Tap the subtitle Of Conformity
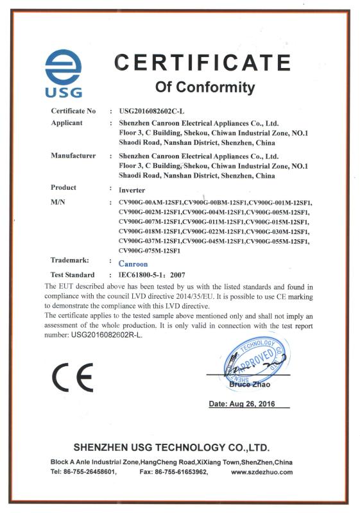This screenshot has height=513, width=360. point(205,87)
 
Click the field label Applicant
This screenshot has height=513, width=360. point(67,122)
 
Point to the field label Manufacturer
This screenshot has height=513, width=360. point(73,155)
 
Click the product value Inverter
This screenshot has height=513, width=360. point(132,190)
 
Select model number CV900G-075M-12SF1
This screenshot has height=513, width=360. point(150,250)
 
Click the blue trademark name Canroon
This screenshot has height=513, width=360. point(133,264)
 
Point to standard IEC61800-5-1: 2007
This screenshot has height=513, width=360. point(157,274)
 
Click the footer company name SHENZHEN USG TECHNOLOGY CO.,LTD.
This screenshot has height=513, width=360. point(171,447)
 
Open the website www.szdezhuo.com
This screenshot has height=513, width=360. point(261,472)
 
